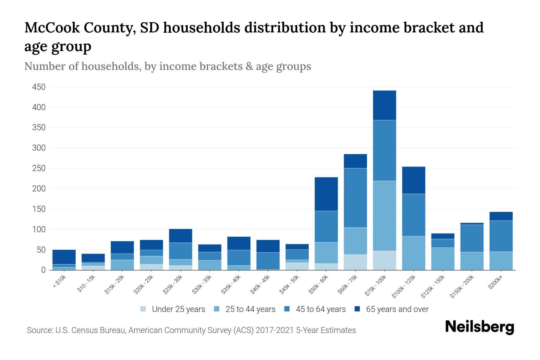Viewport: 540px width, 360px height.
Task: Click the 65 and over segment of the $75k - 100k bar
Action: pyautogui.click(x=384, y=105)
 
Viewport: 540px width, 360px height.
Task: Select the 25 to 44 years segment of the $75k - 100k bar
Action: pyautogui.click(x=384, y=216)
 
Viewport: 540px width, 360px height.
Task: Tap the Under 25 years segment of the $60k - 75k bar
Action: pyautogui.click(x=355, y=262)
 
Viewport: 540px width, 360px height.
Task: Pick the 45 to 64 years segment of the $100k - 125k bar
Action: pyautogui.click(x=413, y=215)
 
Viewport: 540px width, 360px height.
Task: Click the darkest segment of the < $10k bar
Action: pyautogui.click(x=64, y=257)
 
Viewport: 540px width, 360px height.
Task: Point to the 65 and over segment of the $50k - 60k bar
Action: pyautogui.click(x=326, y=194)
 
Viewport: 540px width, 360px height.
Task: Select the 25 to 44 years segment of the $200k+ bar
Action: pyautogui.click(x=501, y=261)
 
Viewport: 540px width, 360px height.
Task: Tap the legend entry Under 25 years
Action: pyautogui.click(x=178, y=309)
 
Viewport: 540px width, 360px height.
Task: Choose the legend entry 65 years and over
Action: pyautogui.click(x=397, y=309)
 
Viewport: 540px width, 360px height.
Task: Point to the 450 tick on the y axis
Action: pyautogui.click(x=39, y=87)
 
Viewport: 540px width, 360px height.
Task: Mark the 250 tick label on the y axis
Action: pyautogui.click(x=39, y=168)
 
